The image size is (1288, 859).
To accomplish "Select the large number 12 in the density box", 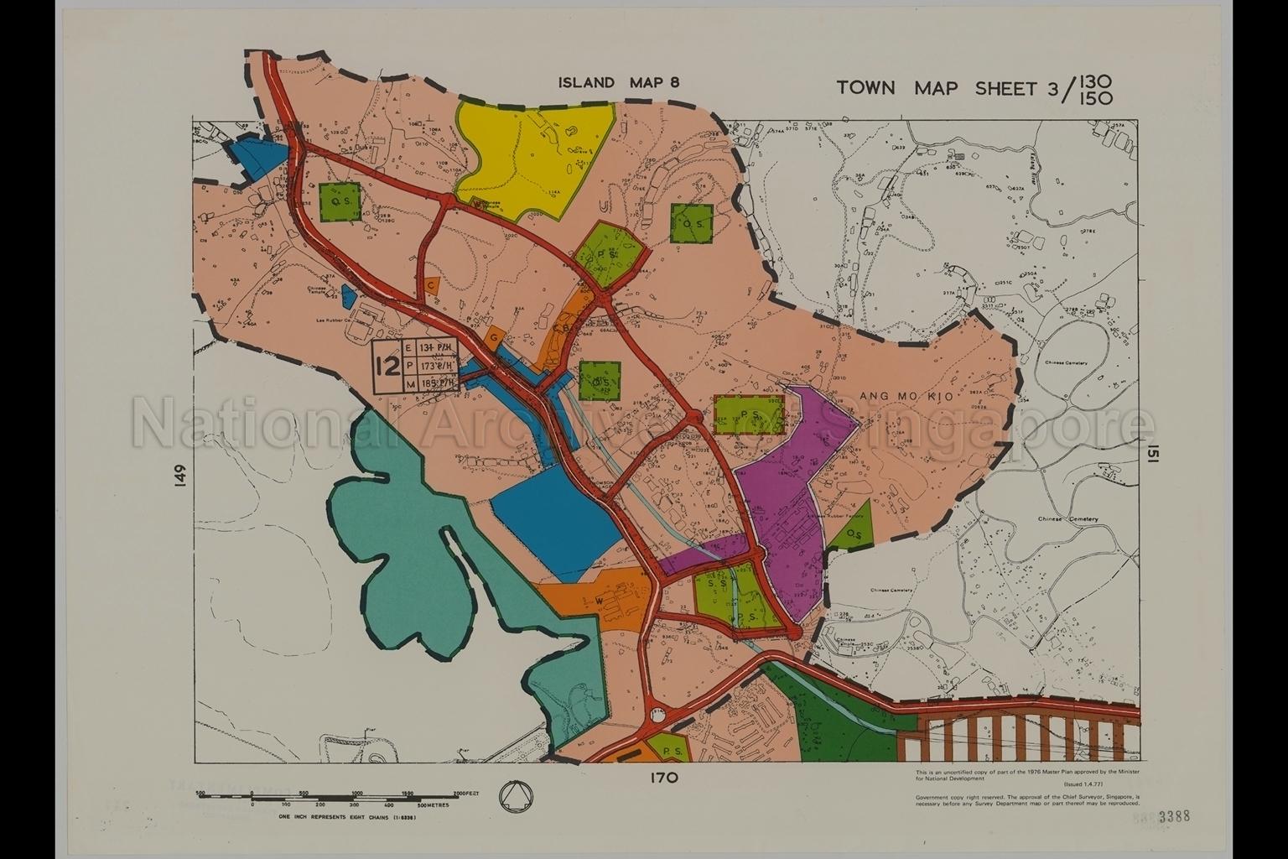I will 387,367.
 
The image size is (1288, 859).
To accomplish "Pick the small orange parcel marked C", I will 431,285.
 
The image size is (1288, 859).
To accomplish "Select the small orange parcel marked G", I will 495,336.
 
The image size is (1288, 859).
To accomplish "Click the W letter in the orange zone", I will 600,601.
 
